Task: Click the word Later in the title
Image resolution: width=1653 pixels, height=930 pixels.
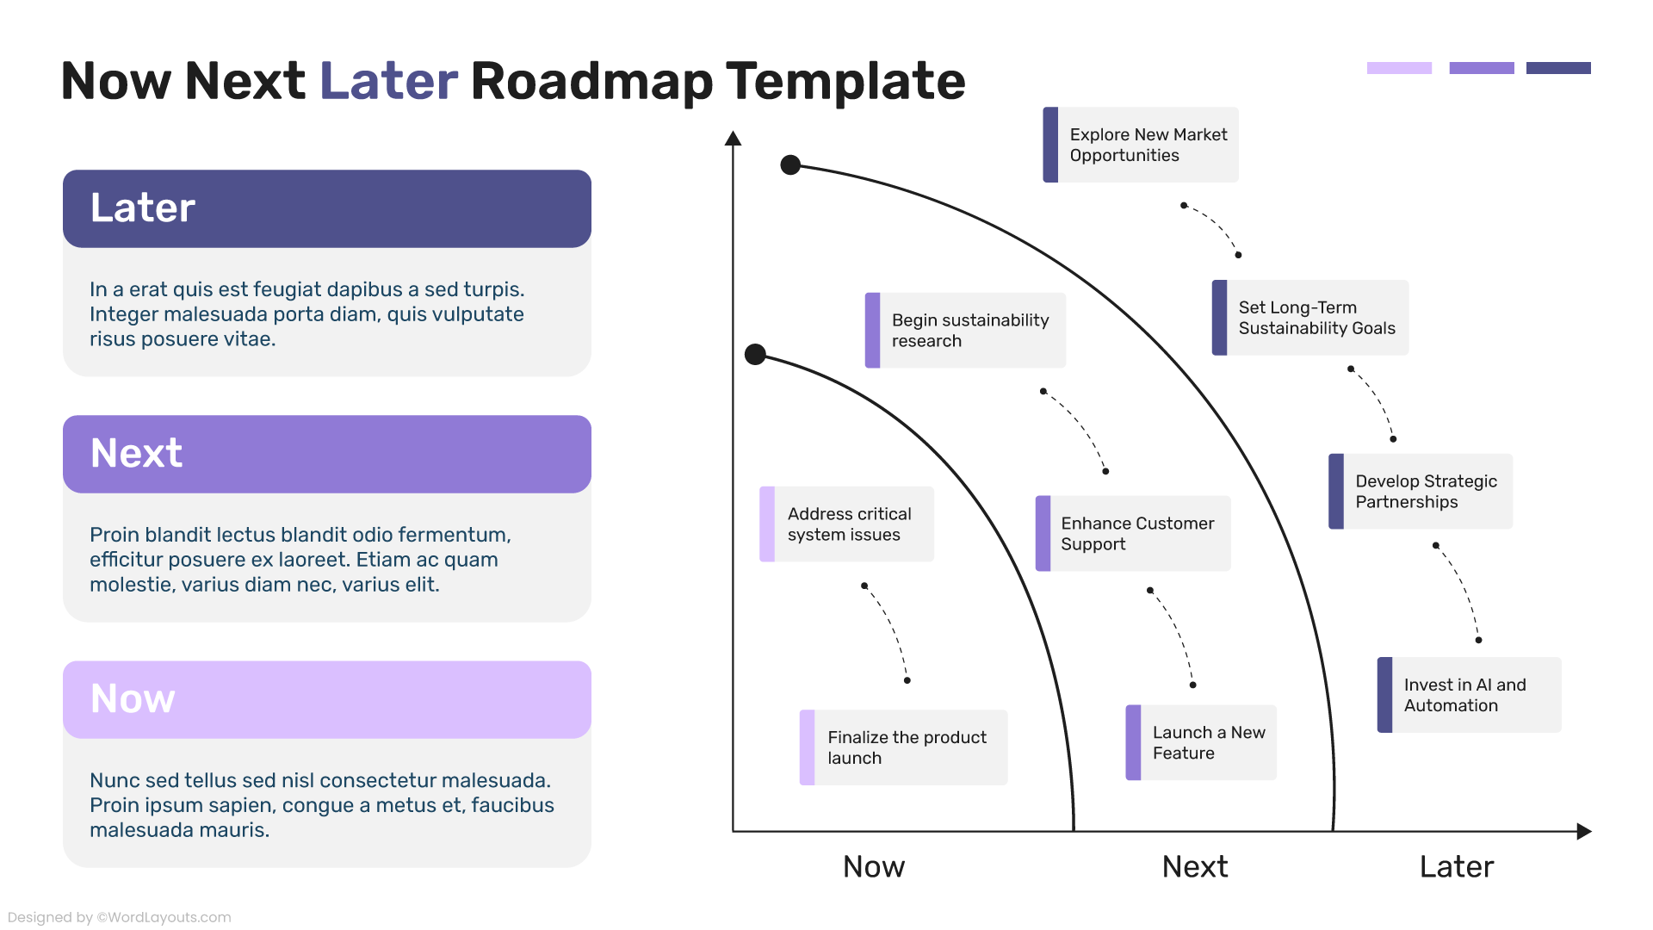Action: coord(388,81)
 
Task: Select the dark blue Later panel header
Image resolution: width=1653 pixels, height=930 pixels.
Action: coord(327,208)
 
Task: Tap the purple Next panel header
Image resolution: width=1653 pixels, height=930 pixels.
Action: coord(327,454)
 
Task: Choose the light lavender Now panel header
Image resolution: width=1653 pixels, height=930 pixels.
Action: coord(327,699)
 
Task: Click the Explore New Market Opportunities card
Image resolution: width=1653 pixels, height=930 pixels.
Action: coord(1141,145)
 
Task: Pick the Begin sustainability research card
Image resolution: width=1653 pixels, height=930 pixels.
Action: coord(965,331)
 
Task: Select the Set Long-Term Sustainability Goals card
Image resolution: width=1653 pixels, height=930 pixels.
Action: coord(1310,318)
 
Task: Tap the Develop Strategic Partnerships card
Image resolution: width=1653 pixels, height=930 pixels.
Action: coord(1421,492)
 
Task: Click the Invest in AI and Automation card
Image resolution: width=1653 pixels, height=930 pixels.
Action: coord(1469,695)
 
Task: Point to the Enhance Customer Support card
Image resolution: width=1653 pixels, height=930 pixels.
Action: coord(1133,534)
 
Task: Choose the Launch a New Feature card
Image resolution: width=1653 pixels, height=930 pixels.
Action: coord(1201,743)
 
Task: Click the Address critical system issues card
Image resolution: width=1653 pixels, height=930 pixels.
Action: coord(847,524)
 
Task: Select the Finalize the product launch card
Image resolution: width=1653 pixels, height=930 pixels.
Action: coord(903,747)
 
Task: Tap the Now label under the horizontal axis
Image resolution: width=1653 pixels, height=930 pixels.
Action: coord(874,866)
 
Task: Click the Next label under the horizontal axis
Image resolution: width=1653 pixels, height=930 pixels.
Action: coord(1195,866)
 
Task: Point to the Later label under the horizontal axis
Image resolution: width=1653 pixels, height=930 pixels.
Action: coord(1457,866)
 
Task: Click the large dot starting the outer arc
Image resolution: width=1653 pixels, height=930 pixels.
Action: coord(790,165)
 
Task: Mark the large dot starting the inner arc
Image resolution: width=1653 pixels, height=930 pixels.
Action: coord(755,355)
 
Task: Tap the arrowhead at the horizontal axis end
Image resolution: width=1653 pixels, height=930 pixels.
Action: coord(1584,831)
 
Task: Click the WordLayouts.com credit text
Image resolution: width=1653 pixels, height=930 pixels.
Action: coord(119,917)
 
